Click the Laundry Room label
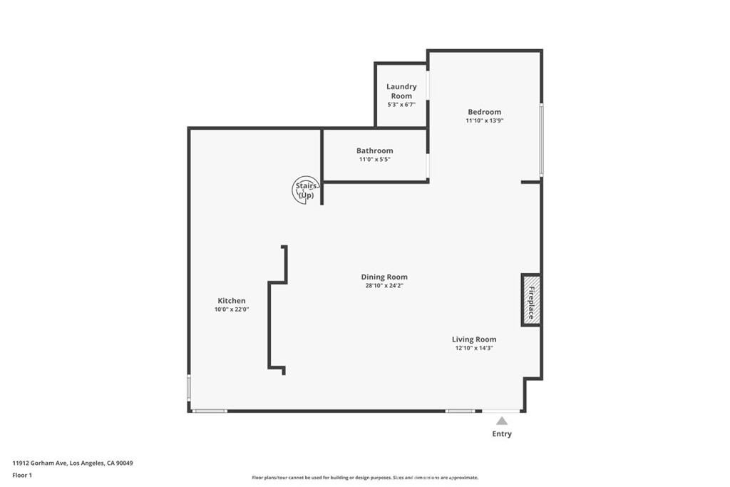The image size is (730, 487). (401, 91)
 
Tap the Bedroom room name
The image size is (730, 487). (484, 112)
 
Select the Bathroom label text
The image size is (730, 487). (375, 150)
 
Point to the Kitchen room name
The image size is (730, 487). (232, 301)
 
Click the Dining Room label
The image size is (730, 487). (384, 277)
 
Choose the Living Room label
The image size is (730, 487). (474, 339)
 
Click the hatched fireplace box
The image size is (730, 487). (530, 300)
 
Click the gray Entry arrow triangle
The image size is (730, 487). (501, 421)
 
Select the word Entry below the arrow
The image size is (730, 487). (502, 434)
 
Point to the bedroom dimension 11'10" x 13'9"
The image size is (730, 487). (485, 121)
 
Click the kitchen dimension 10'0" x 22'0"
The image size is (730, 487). (232, 309)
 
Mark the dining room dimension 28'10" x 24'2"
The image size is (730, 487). (384, 286)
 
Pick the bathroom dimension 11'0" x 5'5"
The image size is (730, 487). (375, 159)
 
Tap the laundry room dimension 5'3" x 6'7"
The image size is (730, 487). (401, 105)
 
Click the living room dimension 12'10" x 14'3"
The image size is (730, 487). (474, 348)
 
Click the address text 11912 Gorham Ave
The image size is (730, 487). (40, 463)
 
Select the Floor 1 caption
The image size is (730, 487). (22, 476)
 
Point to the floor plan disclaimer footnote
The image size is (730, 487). (365, 478)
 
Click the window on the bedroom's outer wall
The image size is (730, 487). (542, 140)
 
